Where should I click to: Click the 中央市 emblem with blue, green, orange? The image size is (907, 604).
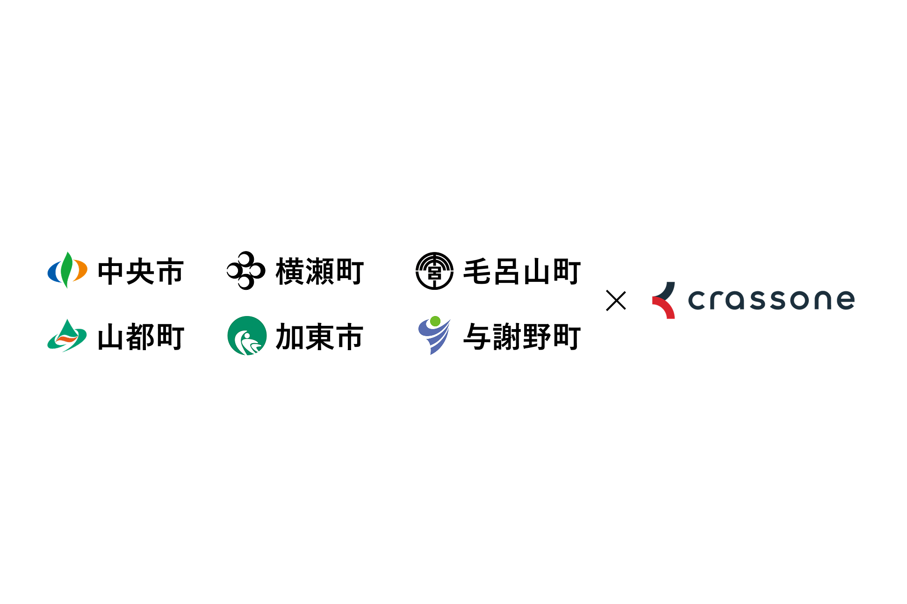point(67,270)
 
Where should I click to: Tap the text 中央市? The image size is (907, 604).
point(140,272)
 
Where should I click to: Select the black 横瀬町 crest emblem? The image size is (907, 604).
point(246,271)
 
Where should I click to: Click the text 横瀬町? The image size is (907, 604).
point(320,272)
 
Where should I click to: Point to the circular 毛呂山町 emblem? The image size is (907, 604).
point(434,271)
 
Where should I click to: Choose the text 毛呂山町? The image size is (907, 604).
point(522,272)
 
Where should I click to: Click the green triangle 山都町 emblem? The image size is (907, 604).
point(67,336)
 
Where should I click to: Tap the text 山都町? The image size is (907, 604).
point(140,337)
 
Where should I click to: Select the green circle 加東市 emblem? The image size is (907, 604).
point(247,336)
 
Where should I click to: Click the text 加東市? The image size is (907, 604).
point(320,337)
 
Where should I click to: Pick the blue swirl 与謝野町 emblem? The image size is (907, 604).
point(434,336)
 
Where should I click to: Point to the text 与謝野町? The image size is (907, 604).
point(522,337)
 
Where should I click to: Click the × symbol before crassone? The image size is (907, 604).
point(616,301)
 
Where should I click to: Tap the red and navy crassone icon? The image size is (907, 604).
point(664,300)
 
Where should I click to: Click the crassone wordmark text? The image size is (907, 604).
point(771,300)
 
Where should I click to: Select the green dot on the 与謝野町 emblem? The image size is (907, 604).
point(435,321)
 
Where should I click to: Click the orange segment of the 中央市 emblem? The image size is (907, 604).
point(81,271)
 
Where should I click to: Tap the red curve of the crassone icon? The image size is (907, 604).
point(666,309)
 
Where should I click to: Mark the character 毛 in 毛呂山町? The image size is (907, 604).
point(477,272)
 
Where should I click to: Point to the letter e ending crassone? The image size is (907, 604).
point(845,300)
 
